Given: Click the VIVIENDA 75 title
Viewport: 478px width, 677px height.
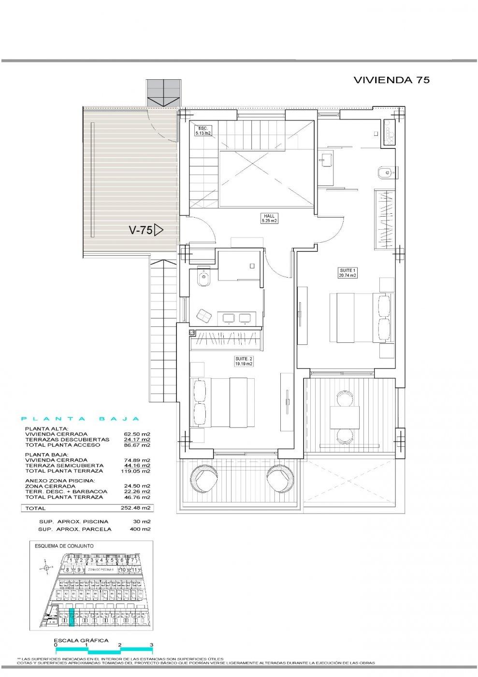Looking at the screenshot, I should [x=391, y=80].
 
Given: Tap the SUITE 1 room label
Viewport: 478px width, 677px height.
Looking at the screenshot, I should [x=347, y=272].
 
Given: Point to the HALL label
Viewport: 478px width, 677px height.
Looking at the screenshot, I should [x=269, y=218].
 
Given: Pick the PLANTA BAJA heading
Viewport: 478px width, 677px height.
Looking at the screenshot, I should [x=81, y=419].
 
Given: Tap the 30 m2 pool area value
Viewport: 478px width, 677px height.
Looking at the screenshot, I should [x=144, y=522].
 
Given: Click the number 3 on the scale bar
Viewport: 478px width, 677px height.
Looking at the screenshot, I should [x=151, y=645].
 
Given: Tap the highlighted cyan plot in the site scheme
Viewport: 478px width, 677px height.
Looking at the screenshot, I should [x=72, y=618].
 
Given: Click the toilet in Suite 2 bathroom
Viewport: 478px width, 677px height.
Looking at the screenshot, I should [x=203, y=279].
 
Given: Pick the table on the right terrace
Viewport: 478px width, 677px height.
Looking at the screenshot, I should [x=344, y=417].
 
